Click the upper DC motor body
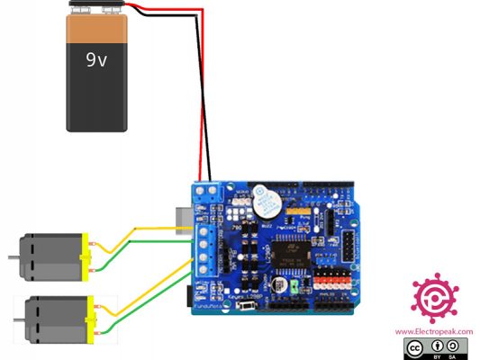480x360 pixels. tap(50, 256)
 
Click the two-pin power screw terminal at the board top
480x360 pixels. tap(204, 192)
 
